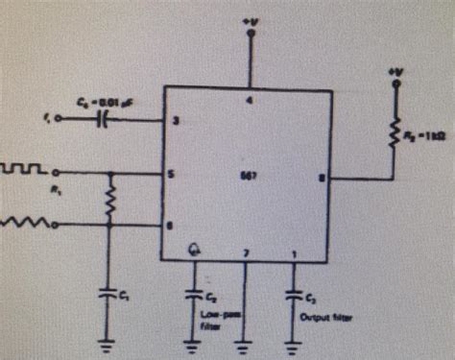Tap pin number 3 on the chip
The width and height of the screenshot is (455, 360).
pyautogui.click(x=175, y=121)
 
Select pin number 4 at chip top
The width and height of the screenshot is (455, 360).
pyautogui.click(x=250, y=99)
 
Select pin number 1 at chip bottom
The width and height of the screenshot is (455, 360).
pyautogui.click(x=293, y=253)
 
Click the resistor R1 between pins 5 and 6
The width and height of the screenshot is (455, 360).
pyautogui.click(x=111, y=201)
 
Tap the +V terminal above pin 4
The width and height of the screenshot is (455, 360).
pyautogui.click(x=251, y=35)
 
